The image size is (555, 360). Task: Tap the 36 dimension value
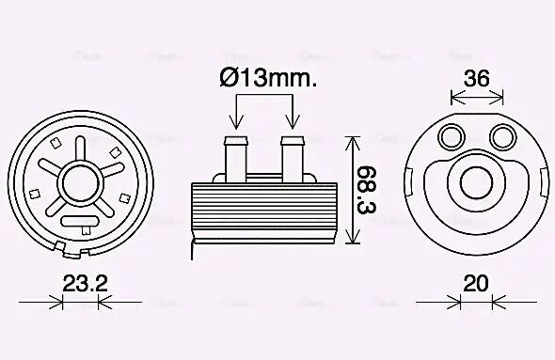477,79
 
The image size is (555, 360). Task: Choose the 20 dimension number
477,281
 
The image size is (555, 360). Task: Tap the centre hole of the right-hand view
477,182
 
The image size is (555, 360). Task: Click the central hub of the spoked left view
82,180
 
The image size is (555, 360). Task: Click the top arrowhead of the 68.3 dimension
352,141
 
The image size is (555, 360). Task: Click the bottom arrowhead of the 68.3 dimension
352,239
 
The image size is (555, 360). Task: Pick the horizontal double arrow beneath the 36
477,98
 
